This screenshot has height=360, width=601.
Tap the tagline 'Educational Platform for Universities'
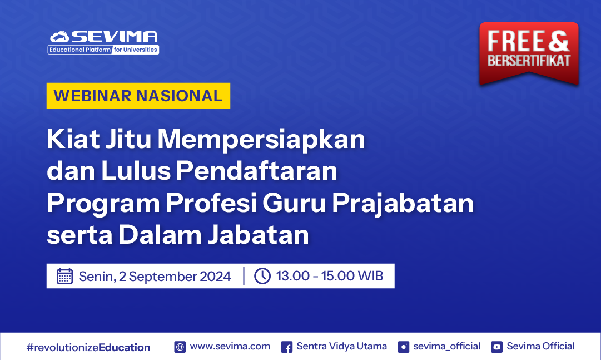click(x=103, y=50)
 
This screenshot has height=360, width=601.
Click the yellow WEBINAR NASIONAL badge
click(x=138, y=96)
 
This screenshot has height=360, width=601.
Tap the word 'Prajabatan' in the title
click(x=403, y=203)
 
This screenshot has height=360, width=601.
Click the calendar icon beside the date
click(x=65, y=276)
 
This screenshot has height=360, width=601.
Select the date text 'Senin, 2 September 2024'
click(x=155, y=277)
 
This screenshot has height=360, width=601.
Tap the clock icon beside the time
click(x=262, y=276)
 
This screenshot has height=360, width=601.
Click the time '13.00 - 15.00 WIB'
click(x=330, y=276)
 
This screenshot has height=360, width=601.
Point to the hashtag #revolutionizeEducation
click(x=88, y=348)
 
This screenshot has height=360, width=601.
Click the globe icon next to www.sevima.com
click(x=180, y=347)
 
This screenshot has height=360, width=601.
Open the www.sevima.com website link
click(x=230, y=346)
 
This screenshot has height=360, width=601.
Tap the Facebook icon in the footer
click(x=286, y=347)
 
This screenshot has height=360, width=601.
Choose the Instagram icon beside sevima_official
click(x=404, y=347)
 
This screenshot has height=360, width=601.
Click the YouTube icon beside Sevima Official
click(x=496, y=347)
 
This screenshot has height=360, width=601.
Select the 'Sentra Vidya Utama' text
click(x=341, y=346)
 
